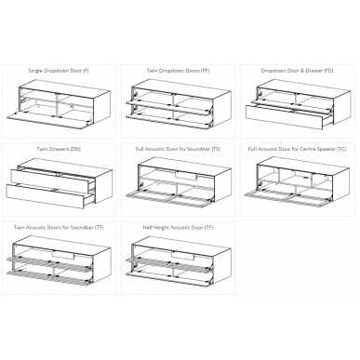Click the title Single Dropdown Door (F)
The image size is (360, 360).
coord(59,71)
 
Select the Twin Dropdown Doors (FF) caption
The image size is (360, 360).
coord(178,71)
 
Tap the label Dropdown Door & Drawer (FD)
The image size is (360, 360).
coord(297,71)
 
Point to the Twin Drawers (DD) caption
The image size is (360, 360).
coord(59,149)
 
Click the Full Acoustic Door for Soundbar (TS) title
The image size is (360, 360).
coord(178,149)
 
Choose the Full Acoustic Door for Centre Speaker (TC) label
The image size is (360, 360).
coord(297,149)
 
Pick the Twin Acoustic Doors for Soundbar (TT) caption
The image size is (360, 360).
coord(59,228)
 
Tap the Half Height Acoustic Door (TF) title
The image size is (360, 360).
coord(178,228)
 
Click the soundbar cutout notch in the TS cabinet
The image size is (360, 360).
coord(186,176)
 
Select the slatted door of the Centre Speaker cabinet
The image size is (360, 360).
coord(287,198)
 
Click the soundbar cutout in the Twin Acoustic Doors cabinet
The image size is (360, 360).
coord(63,255)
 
